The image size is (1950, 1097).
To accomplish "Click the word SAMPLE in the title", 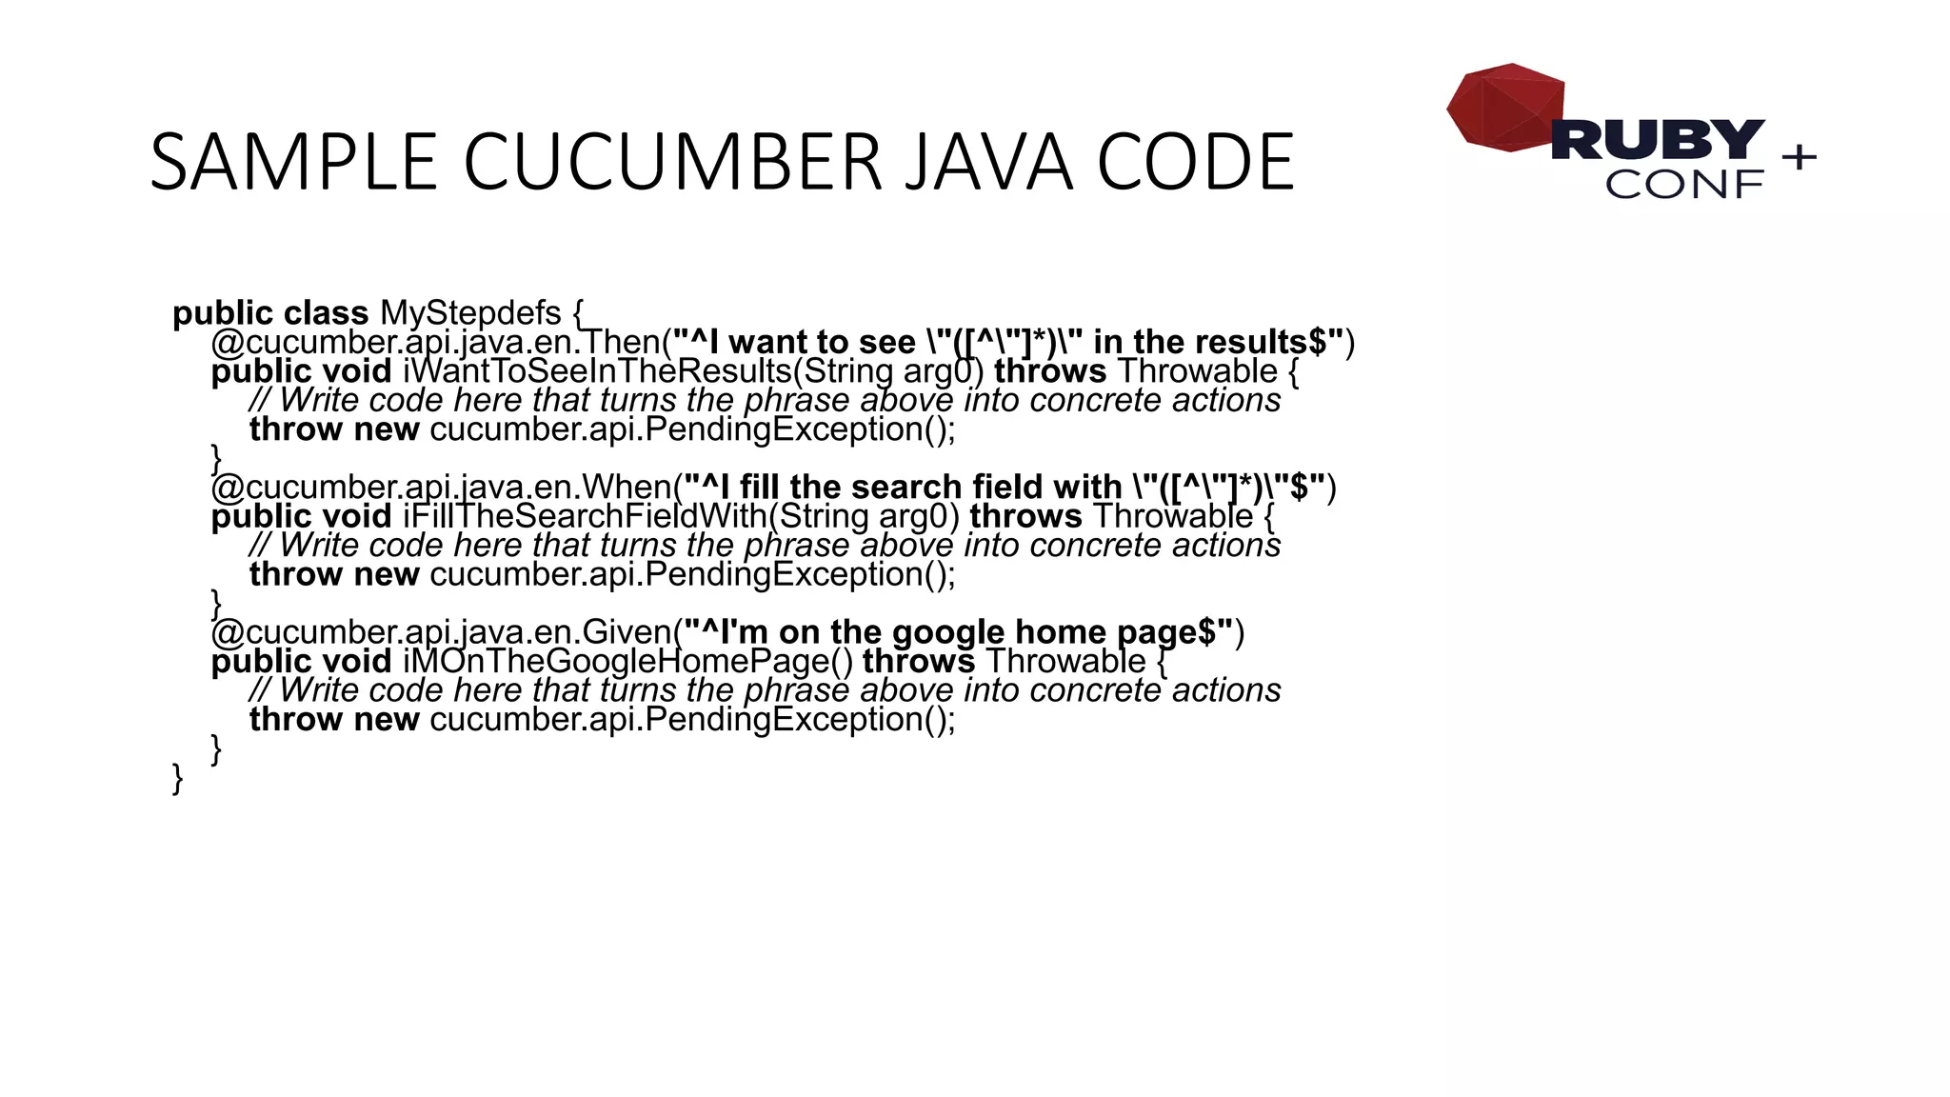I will [x=293, y=162].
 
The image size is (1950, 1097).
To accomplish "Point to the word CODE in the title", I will [x=1196, y=162].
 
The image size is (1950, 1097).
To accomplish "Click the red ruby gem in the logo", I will [x=1504, y=107].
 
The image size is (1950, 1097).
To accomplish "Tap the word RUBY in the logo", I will [x=1658, y=140].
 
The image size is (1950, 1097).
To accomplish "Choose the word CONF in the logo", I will [x=1684, y=185].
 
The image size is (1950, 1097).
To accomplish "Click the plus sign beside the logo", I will [x=1799, y=156].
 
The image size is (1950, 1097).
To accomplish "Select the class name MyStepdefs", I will [x=470, y=313].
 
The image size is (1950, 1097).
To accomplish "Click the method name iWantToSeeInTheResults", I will [x=597, y=371].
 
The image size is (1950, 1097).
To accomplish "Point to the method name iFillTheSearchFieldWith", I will [x=585, y=516].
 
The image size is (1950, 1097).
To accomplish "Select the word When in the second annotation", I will [x=627, y=488].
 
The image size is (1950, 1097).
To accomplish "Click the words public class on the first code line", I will [x=270, y=313].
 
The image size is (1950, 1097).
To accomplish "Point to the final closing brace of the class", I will [x=177, y=778].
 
